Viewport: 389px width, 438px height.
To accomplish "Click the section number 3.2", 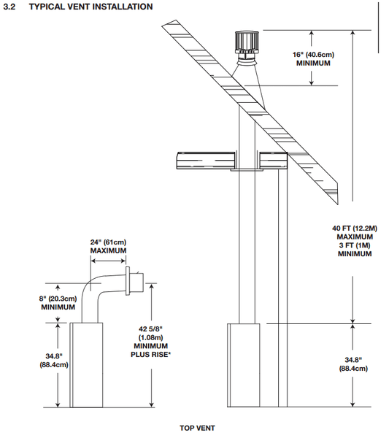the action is (x=9, y=7).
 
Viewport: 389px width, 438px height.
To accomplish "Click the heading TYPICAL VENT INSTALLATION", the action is (x=90, y=7).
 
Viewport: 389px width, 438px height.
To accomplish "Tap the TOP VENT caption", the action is (x=197, y=428).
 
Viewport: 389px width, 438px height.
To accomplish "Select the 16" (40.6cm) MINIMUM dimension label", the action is (x=313, y=58).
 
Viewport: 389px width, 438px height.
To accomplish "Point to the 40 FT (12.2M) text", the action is (x=355, y=228).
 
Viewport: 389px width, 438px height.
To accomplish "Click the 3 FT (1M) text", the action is (x=355, y=245).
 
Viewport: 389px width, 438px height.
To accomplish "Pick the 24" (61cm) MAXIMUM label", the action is (x=108, y=246).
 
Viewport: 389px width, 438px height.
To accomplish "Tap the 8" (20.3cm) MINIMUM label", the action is (x=58, y=303).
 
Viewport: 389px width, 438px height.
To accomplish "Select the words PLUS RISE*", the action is (x=151, y=355).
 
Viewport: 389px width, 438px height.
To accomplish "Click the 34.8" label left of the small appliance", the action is (x=54, y=356).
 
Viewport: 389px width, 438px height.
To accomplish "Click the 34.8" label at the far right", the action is (x=353, y=359).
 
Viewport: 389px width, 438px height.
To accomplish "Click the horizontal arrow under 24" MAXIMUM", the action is (x=108, y=261).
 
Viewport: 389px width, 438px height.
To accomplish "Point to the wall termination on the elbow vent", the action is (x=135, y=281).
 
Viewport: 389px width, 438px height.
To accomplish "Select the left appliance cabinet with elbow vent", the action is (x=86, y=365).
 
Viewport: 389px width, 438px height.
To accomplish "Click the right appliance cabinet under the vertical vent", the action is (x=244, y=365).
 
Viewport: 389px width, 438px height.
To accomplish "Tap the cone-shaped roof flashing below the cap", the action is (x=248, y=84).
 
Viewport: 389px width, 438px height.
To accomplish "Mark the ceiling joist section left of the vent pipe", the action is (x=206, y=161).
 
